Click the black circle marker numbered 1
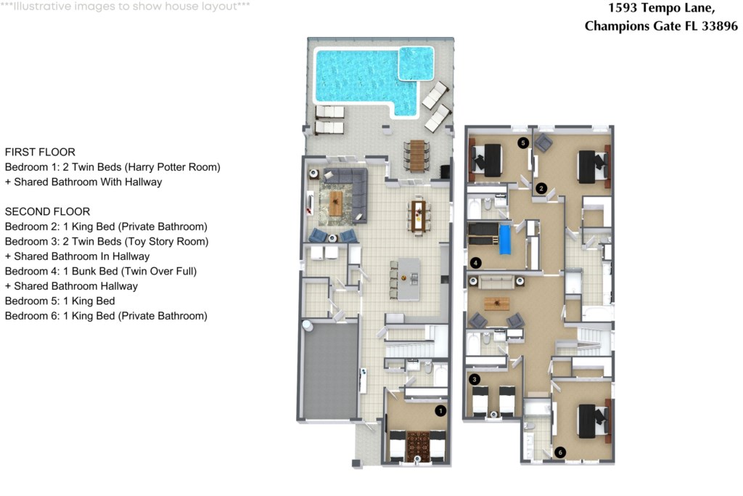[x=440, y=411]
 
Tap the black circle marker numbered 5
[x=522, y=143]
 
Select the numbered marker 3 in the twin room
[x=475, y=379]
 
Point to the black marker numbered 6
[x=559, y=452]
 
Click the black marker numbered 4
[x=475, y=262]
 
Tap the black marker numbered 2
[x=541, y=188]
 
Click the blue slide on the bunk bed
[x=505, y=240]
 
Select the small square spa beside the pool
[x=416, y=63]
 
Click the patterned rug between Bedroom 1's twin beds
[x=418, y=444]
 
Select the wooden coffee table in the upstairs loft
[x=496, y=304]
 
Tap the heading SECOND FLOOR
[x=47, y=211]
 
